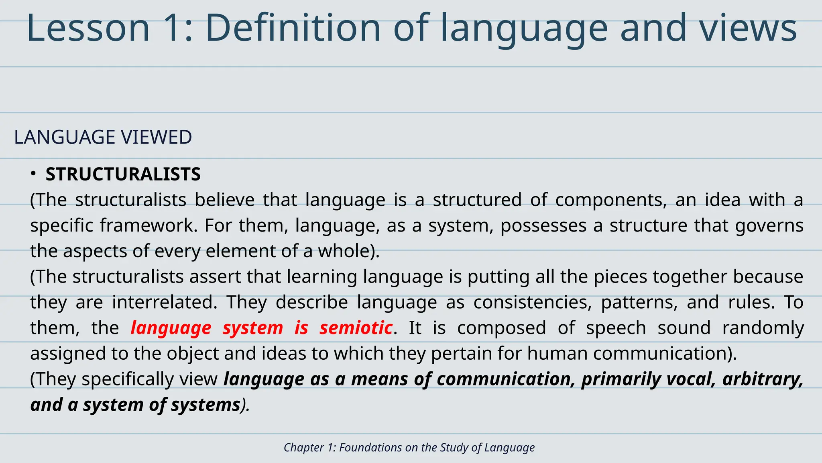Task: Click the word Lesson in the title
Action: click(88, 28)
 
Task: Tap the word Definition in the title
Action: click(293, 28)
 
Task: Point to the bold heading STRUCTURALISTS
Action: click(123, 174)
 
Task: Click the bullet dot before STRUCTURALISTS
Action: click(33, 174)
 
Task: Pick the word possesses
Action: click(543, 225)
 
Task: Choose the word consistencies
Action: click(532, 302)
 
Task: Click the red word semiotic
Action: click(356, 328)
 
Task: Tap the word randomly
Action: click(763, 328)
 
